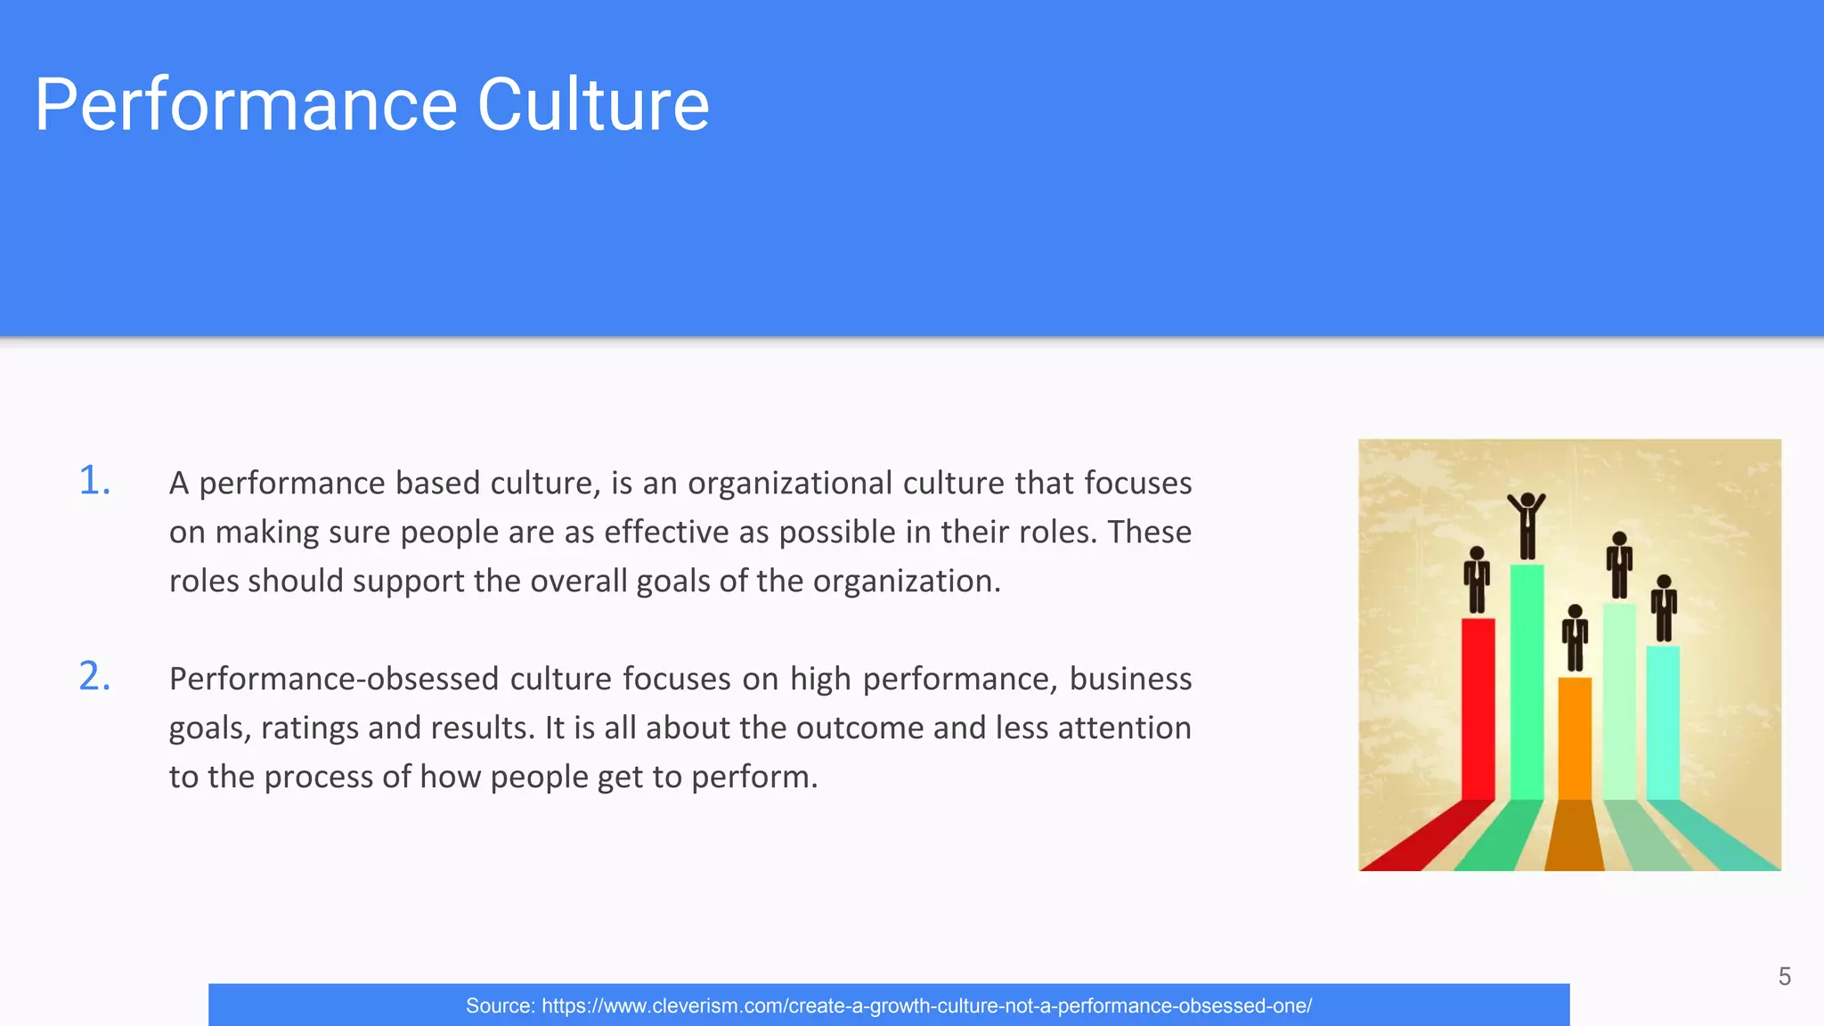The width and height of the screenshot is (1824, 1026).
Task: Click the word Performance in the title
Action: tap(246, 105)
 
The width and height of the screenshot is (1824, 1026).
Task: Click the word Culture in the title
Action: tap(593, 105)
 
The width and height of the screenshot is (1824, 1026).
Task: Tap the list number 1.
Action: tap(94, 481)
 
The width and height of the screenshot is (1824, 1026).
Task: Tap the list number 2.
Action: tap(94, 677)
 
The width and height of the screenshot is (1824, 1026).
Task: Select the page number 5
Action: tap(1784, 977)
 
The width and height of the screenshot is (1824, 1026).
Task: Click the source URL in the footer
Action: tap(926, 1006)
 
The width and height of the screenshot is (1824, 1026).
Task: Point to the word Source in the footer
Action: tap(499, 1006)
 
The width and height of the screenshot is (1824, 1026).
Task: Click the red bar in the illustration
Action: tap(1478, 708)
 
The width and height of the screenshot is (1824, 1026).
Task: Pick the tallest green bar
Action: tap(1527, 681)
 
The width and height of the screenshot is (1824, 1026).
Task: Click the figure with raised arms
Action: tap(1527, 525)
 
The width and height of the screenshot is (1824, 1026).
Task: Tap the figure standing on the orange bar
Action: tap(1575, 639)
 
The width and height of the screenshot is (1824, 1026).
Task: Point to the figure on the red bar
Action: tap(1477, 580)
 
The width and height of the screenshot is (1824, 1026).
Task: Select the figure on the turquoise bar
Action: tap(1664, 608)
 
